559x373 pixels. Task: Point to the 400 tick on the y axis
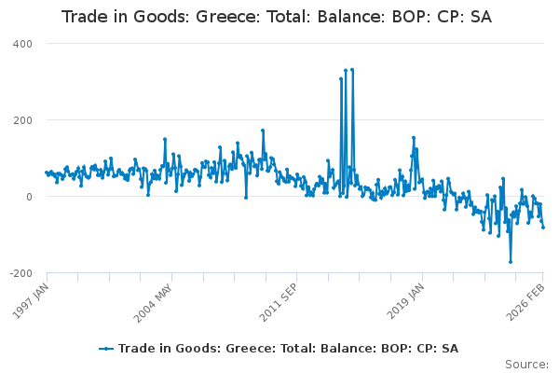22,44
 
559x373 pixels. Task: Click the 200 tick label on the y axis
22,120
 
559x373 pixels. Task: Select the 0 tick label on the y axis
29,197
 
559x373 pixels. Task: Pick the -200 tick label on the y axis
20,273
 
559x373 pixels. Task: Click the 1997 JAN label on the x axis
32,297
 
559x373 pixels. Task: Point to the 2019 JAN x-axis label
404,297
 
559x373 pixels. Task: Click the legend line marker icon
107,348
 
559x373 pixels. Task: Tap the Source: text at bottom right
526,364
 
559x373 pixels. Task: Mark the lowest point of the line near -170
511,262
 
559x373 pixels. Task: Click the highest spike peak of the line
346,69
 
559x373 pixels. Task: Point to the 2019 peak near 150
414,138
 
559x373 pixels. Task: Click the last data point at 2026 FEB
543,228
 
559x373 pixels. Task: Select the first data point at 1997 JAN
47,173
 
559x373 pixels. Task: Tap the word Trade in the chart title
83,17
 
